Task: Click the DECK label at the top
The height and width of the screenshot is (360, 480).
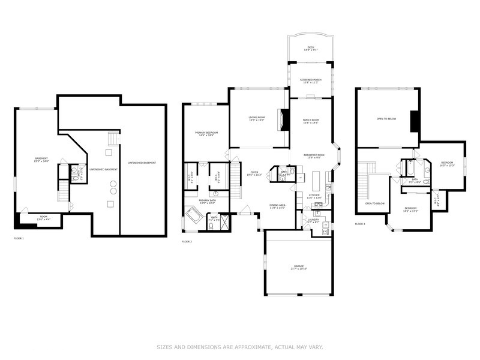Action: [310, 49]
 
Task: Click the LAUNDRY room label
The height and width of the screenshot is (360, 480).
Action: [313, 220]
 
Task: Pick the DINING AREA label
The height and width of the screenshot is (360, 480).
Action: [277, 206]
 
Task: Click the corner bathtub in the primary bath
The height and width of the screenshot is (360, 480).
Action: [195, 215]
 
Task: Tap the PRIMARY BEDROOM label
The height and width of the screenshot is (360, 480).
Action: [206, 133]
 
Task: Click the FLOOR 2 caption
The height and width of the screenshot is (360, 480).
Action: [187, 241]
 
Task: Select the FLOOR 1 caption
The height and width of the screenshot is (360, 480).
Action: [18, 238]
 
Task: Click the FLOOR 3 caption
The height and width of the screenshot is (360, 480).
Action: [360, 224]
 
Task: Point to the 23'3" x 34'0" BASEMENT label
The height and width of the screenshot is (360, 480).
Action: [41, 160]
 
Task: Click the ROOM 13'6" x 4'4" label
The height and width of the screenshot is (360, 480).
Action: [44, 217]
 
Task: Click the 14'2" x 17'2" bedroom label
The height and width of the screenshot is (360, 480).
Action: [410, 209]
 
